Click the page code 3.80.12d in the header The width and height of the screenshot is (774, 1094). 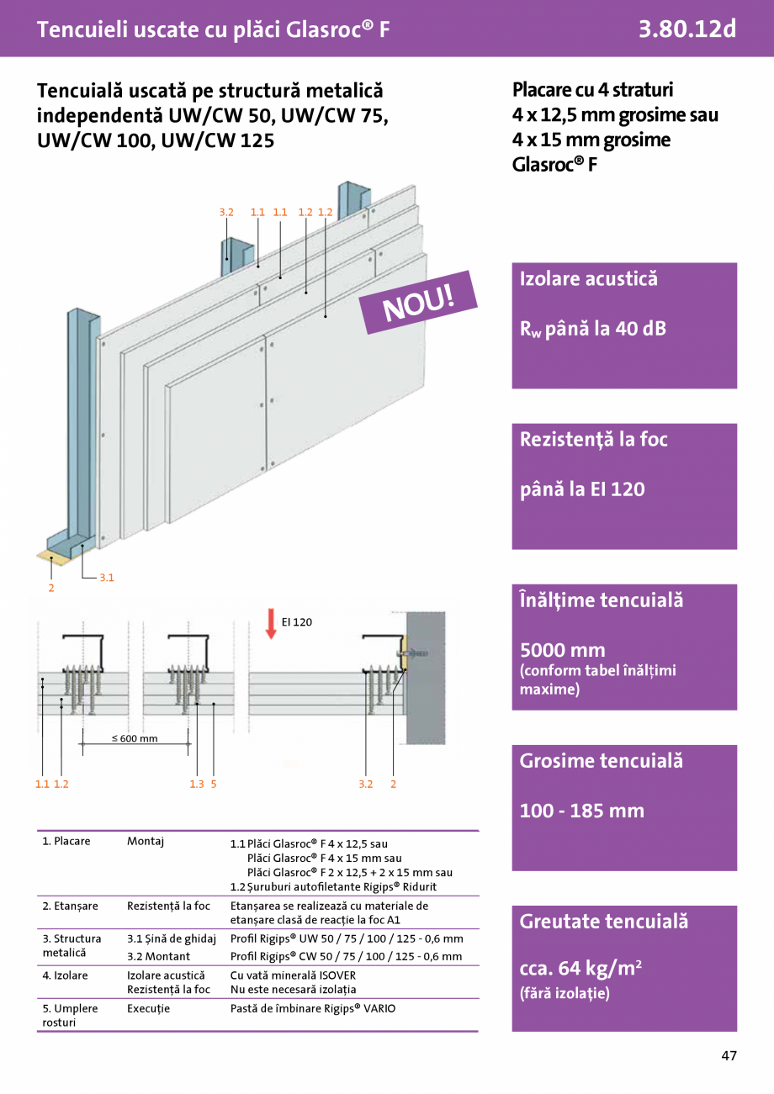[687, 29]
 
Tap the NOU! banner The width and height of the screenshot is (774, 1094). [418, 303]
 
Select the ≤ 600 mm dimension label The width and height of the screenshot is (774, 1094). [135, 738]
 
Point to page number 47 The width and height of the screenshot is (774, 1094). [729, 1055]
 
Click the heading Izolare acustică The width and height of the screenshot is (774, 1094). [588, 279]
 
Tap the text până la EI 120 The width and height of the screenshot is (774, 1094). [582, 489]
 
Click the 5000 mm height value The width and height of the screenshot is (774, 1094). [562, 650]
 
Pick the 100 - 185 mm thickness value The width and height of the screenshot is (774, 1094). [581, 811]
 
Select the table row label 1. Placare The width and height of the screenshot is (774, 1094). [66, 841]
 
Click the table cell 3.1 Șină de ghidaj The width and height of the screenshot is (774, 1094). [172, 938]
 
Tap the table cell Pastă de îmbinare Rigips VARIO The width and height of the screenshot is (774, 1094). [312, 1008]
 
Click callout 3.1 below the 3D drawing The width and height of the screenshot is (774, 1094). [107, 578]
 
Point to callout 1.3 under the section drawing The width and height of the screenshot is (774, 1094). [197, 784]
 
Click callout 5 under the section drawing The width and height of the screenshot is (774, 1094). [214, 784]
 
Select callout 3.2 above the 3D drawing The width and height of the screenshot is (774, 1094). [226, 213]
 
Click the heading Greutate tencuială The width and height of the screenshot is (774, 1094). [603, 922]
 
